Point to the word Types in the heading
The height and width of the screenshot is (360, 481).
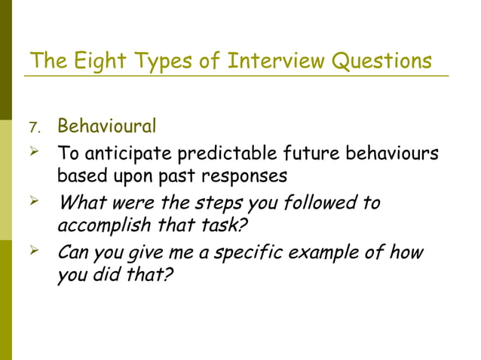(162, 61)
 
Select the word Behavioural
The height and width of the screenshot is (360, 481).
(107, 124)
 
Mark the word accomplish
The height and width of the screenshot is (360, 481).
(104, 227)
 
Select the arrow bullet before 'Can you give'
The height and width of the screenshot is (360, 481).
(33, 252)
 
